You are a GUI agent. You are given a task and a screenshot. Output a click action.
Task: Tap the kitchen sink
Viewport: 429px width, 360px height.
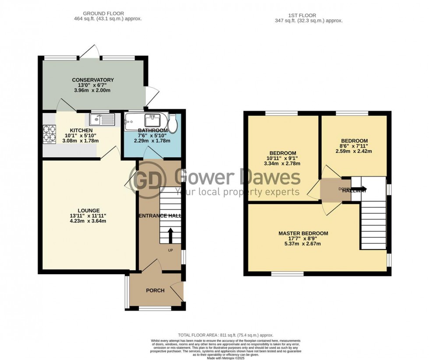coord(101,118)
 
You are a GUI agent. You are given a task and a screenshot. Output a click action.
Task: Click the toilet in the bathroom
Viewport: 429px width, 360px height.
coord(173,124)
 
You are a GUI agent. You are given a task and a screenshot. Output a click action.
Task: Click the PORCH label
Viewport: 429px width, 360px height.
coord(155,290)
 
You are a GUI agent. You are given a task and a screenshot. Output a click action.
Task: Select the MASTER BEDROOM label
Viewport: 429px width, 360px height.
coord(303,233)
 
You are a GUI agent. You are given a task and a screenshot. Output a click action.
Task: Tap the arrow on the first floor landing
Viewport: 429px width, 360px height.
coord(362,190)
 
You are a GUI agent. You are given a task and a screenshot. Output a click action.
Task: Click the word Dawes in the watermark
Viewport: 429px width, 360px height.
coord(273,177)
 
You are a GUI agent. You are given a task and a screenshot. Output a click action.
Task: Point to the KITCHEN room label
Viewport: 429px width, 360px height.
coord(81,131)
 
